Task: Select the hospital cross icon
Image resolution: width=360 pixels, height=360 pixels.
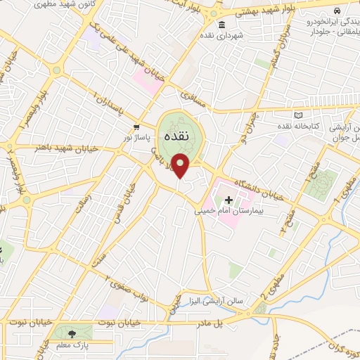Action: click(x=229, y=200)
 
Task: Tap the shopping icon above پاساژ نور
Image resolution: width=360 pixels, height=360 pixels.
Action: click(x=137, y=127)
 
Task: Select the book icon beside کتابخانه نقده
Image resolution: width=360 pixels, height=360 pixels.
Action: click(x=299, y=115)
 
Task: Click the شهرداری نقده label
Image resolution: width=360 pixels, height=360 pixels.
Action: click(x=221, y=35)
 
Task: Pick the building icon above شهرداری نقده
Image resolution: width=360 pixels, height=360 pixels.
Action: click(x=222, y=25)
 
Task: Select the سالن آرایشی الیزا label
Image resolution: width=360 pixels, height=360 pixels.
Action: click(x=219, y=300)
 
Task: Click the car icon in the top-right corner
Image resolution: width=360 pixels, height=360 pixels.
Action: click(x=338, y=11)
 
